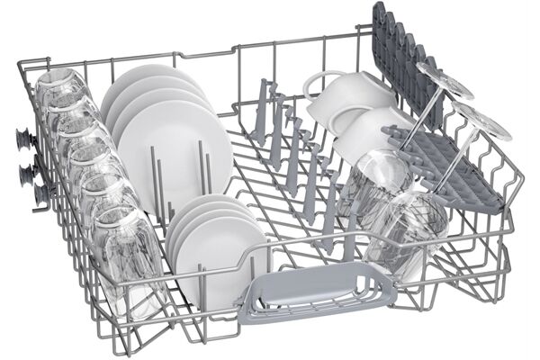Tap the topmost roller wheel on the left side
(22, 139)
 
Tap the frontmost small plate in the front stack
(216, 252)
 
